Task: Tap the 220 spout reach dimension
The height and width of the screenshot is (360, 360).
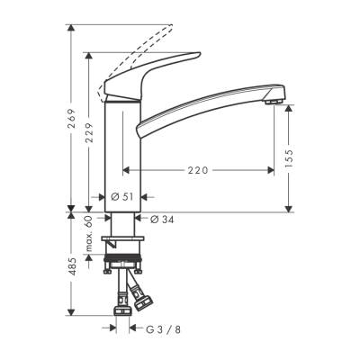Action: [199, 167]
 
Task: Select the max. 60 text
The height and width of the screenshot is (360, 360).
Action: [89, 233]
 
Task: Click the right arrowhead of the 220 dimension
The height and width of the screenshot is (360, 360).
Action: [272, 167]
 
